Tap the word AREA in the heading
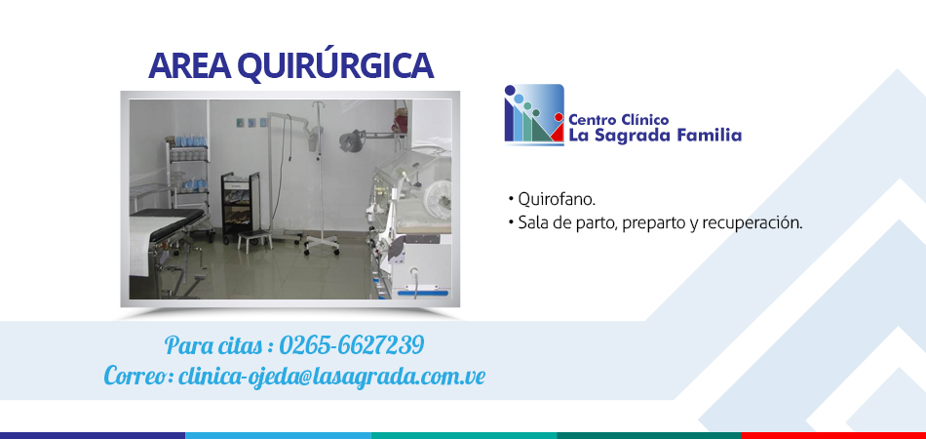pos(189,66)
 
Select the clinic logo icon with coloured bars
pos(534,114)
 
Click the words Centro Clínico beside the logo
pos(618,120)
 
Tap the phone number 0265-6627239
pos(351,345)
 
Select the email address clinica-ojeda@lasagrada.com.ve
pos(331,376)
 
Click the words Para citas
pos(213,345)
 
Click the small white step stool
pos(255,239)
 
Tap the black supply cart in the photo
pos(241,204)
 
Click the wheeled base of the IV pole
pos(322,244)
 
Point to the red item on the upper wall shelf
pos(403,122)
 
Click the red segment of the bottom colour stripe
pos(833,435)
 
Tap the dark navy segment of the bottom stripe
pos(93,435)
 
